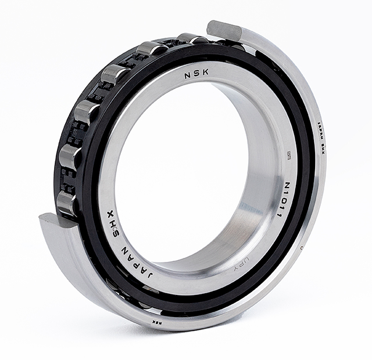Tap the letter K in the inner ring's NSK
point(205,75)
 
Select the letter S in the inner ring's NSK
point(196,75)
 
